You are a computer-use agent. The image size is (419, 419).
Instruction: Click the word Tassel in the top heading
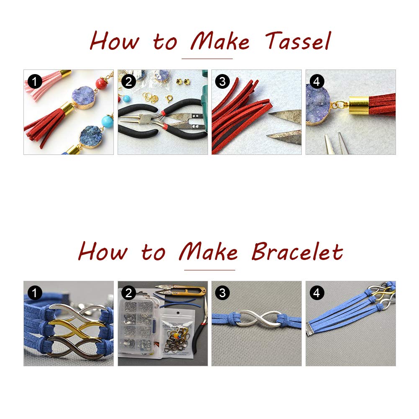[x=298, y=41]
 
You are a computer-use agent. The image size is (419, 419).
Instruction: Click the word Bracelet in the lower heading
[x=298, y=252]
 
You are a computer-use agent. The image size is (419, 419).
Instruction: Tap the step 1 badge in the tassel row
[x=35, y=81]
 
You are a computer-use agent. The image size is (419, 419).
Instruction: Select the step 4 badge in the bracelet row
[x=316, y=293]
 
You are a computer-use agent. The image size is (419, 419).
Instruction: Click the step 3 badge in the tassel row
[x=222, y=81]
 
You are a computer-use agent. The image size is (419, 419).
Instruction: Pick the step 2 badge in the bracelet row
[x=129, y=293]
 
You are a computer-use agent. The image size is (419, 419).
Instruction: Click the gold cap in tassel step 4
[x=359, y=105]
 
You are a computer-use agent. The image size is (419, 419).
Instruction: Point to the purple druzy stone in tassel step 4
[x=318, y=105]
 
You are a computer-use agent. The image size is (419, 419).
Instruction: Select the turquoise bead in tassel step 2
[x=127, y=98]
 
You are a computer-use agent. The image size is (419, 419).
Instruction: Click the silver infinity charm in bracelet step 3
[x=257, y=319]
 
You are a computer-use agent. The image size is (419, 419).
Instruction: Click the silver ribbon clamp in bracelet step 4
[x=312, y=329]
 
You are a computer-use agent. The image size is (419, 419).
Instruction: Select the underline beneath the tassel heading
[x=207, y=59]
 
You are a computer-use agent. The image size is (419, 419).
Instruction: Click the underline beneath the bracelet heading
[x=209, y=270]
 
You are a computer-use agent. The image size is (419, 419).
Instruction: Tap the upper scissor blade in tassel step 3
[x=285, y=116]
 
